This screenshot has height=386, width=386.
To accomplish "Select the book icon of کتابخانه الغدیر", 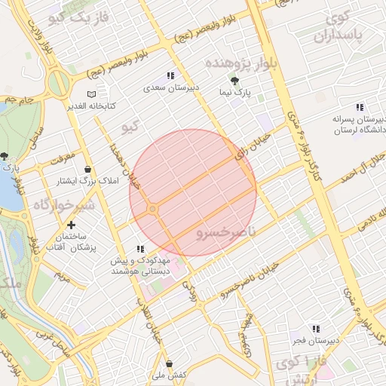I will (91, 94).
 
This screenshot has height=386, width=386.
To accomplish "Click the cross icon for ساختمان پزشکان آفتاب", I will (72, 225).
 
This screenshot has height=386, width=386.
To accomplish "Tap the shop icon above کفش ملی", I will (169, 363).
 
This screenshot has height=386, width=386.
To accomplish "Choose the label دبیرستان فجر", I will (315, 341).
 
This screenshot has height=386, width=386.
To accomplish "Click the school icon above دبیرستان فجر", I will (315, 329).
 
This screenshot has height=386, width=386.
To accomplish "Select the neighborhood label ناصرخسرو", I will (226, 234).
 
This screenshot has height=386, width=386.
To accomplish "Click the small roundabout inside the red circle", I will (153, 208).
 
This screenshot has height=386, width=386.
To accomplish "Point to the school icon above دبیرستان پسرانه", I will (358, 107).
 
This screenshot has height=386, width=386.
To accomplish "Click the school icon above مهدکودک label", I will (139, 249).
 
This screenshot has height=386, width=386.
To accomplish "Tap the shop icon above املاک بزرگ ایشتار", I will (89, 169).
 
